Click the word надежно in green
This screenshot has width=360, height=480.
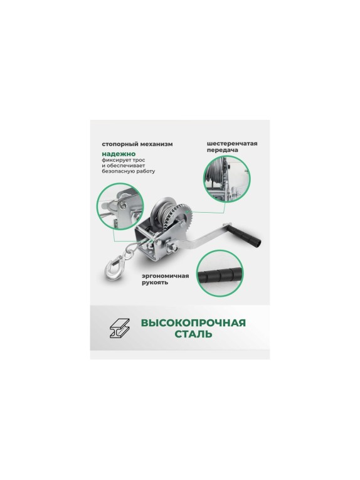(119, 154)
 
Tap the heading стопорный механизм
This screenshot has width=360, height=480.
(137, 144)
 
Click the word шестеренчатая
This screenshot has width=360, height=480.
(232, 144)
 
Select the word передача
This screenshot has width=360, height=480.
(223, 150)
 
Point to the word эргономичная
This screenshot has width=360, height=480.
(165, 276)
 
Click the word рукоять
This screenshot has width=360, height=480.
(155, 282)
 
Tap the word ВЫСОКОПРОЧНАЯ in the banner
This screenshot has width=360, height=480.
(193, 323)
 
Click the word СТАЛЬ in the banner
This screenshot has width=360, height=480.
(193, 334)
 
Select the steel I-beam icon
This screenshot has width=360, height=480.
(120, 328)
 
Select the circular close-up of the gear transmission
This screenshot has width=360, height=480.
(227, 179)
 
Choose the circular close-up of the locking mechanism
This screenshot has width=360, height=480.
(120, 206)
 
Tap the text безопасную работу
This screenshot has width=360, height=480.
(129, 171)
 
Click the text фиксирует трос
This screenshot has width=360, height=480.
(124, 160)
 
